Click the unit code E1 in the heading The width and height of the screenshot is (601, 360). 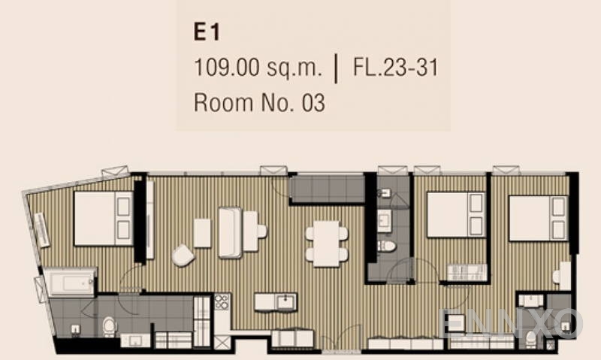207,32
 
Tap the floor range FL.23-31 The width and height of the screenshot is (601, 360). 395,67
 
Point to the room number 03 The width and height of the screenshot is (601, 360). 313,103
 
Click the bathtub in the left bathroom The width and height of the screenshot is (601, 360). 69,283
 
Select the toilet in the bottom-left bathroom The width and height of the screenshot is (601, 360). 109,327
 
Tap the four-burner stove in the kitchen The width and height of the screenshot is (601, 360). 222,301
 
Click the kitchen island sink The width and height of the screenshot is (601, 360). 285,301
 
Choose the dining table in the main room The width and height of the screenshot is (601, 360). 326,244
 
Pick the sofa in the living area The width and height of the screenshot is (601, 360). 230,233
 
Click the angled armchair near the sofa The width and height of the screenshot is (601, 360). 183,255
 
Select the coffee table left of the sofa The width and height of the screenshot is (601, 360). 202,233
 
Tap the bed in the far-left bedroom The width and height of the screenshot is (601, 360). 104,219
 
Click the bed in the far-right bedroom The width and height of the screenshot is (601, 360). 538,219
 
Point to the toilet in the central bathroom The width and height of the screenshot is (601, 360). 386,246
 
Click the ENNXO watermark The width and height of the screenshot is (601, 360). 511,323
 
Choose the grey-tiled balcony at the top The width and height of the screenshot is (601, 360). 327,189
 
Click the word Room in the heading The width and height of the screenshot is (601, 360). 223,103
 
